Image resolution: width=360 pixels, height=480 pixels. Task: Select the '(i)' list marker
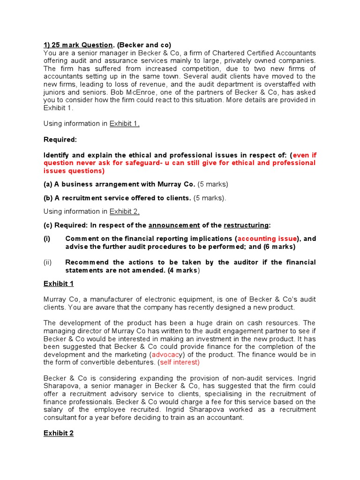(47, 239)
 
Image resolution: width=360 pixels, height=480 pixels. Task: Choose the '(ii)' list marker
(48, 262)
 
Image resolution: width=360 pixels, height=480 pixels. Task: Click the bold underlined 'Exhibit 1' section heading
(59, 284)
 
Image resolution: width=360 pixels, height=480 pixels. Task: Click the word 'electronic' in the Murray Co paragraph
(159, 299)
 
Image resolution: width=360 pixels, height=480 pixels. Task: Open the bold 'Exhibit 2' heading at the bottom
(59, 433)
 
